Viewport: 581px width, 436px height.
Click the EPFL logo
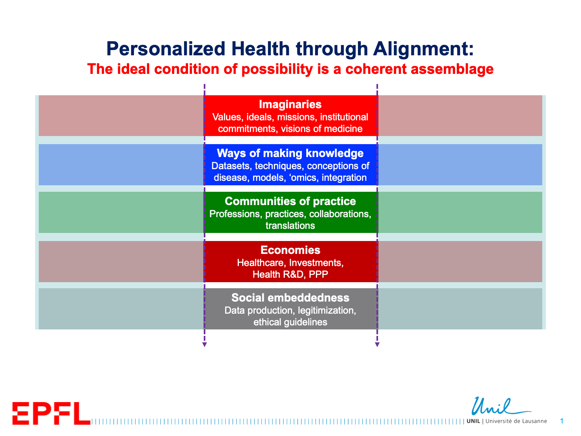pyautogui.click(x=51, y=413)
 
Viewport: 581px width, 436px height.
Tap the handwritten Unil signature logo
pyautogui.click(x=501, y=406)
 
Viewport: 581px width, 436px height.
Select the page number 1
pyautogui.click(x=562, y=421)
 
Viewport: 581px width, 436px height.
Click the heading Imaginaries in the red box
pyautogui.click(x=290, y=104)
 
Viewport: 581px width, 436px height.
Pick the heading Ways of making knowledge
pyautogui.click(x=290, y=153)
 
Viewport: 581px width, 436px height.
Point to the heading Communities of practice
pyautogui.click(x=290, y=201)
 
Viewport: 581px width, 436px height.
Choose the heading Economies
pyautogui.click(x=290, y=250)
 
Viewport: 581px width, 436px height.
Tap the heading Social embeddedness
pyautogui.click(x=290, y=298)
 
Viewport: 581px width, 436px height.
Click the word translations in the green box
pyautogui.click(x=290, y=226)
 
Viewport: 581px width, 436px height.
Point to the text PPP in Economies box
pyautogui.click(x=318, y=274)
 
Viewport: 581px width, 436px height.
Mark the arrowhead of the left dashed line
pyautogui.click(x=204, y=345)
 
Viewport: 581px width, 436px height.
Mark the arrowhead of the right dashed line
pyautogui.click(x=377, y=345)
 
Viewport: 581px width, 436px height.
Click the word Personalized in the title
pyautogui.click(x=166, y=49)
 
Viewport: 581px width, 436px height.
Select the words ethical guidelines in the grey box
pyautogui.click(x=290, y=322)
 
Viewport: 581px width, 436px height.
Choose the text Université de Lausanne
pyautogui.click(x=516, y=421)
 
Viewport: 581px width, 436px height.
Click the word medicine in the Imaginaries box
pyautogui.click(x=343, y=129)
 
